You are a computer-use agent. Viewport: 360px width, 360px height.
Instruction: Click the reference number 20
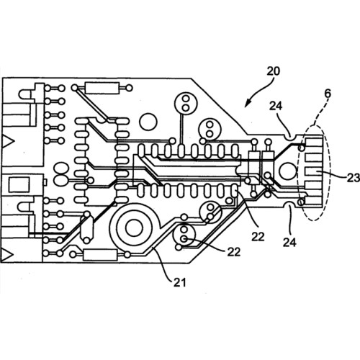(274, 71)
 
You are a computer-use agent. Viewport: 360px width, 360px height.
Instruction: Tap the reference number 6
(328, 94)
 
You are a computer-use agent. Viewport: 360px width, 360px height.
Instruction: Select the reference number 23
(354, 178)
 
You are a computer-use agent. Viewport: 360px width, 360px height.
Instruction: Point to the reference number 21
(180, 283)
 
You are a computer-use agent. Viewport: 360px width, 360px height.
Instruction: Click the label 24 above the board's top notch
(276, 106)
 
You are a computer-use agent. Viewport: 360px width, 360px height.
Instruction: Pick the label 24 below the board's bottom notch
(289, 242)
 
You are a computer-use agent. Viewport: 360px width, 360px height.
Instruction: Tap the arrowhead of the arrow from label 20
(247, 104)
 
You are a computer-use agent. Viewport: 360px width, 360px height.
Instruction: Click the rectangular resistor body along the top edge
(102, 88)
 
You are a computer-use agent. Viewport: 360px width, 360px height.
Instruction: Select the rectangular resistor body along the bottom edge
(100, 255)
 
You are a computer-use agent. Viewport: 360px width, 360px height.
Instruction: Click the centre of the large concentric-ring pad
(134, 228)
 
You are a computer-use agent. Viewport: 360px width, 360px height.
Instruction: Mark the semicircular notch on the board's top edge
(291, 137)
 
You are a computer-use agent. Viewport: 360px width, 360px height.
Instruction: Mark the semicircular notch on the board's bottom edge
(290, 204)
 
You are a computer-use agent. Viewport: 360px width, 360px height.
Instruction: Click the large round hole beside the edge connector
(288, 171)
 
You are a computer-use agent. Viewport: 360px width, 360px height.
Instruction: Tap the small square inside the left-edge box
(19, 184)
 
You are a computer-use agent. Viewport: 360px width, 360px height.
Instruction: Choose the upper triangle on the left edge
(8, 141)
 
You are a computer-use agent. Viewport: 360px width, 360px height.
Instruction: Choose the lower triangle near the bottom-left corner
(7, 255)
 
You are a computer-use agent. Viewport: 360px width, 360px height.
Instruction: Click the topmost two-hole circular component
(185, 103)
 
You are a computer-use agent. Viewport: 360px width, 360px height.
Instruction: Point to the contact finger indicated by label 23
(313, 171)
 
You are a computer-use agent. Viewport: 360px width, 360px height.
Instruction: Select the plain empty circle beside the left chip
(148, 122)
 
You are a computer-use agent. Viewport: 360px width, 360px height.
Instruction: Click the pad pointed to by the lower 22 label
(184, 238)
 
